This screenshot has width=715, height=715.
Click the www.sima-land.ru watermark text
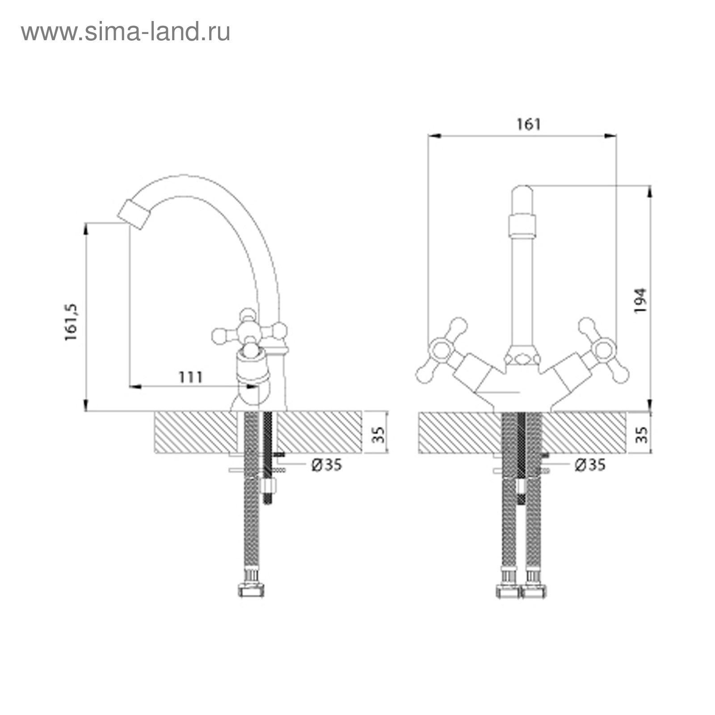126,32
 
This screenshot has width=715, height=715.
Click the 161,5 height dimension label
71,322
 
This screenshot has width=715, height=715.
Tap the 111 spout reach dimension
191,377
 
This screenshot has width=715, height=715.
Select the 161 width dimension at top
529,124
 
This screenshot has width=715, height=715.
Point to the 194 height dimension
640,300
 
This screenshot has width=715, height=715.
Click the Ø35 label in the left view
327,465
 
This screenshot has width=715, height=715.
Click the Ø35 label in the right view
590,465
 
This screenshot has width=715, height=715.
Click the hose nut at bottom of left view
251,590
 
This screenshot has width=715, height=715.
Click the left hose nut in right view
509,590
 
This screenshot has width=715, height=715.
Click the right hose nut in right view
533,590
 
